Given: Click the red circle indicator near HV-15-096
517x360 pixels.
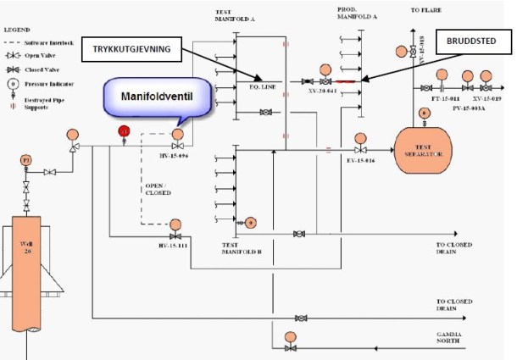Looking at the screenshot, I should click(124, 131).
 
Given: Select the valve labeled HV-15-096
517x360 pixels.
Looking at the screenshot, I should click(177, 147).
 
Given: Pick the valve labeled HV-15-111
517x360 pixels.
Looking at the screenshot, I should click(176, 235).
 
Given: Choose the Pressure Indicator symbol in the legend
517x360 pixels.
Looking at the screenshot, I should click(14, 84).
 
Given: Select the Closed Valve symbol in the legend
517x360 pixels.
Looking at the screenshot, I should click(14, 69).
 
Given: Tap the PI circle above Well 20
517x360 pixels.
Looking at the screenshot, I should click(25, 159).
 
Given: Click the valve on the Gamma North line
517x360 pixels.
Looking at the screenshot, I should click(292, 347).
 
